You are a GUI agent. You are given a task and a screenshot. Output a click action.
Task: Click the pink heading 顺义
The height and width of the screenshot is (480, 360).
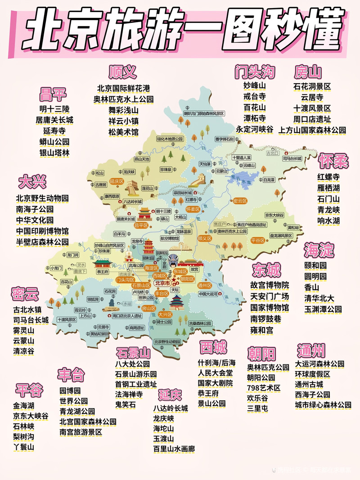click(122, 72)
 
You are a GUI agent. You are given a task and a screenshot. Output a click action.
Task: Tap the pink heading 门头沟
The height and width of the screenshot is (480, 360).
click(255, 72)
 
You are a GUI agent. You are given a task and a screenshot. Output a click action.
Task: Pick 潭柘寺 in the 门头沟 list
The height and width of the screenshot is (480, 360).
click(255, 118)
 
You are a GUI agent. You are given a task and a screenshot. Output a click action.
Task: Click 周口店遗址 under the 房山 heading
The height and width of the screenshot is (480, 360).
click(312, 119)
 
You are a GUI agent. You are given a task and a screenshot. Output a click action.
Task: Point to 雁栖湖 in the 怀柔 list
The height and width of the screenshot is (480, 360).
click(328, 188)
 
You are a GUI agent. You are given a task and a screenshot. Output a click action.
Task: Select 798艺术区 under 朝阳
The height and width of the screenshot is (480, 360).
click(263, 388)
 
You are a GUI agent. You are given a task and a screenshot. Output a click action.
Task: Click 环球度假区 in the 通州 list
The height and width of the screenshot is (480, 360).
click(312, 374)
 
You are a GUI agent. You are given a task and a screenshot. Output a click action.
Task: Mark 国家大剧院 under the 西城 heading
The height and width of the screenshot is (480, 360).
click(215, 383)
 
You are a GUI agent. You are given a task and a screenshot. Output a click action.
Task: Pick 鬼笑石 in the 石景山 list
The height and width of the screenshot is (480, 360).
click(125, 405)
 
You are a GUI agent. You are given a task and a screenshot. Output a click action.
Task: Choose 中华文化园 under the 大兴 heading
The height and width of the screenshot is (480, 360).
click(35, 220)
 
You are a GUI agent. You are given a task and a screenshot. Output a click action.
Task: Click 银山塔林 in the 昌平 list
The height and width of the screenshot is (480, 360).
click(54, 153)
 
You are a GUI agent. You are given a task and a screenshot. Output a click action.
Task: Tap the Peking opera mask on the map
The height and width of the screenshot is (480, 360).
click(174, 260)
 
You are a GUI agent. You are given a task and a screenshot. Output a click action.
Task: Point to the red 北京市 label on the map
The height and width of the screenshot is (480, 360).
click(162, 283)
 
